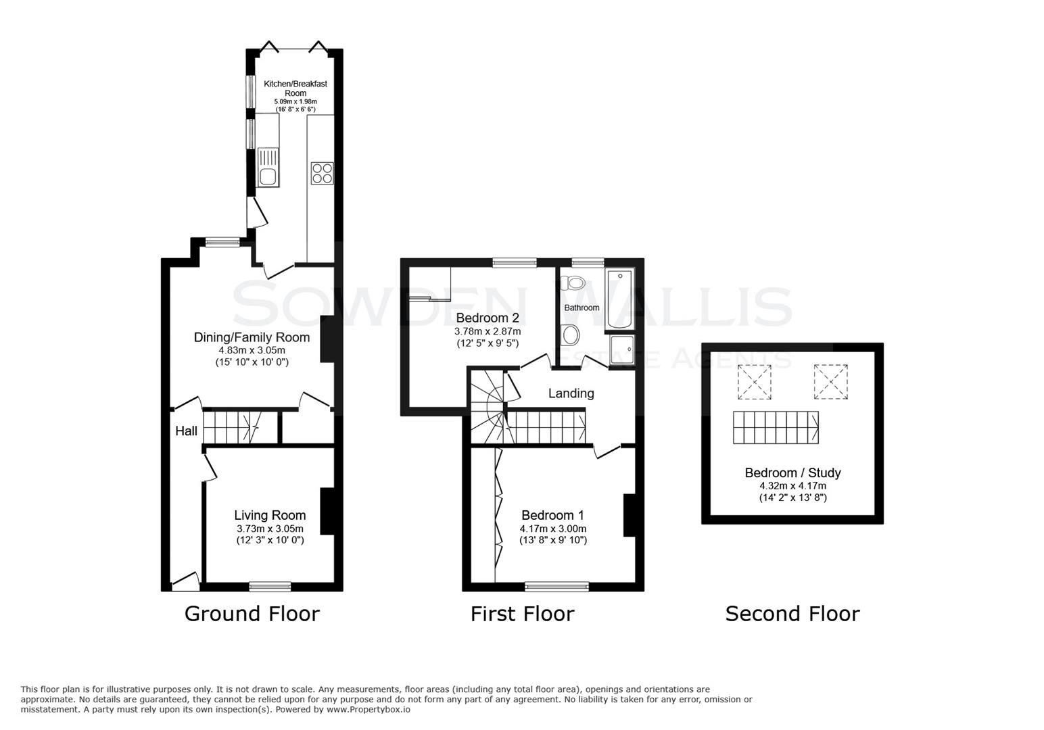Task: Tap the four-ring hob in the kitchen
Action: click(x=321, y=173)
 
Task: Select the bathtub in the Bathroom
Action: click(x=620, y=299)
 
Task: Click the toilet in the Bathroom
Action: click(x=575, y=283)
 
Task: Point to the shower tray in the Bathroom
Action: click(x=621, y=350)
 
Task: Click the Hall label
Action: click(x=187, y=431)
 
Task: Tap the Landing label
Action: click(x=571, y=393)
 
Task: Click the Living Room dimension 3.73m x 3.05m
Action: click(x=270, y=529)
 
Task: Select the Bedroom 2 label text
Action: click(x=487, y=318)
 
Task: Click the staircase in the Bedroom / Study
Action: click(x=776, y=427)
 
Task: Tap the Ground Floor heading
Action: click(x=252, y=614)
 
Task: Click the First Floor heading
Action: click(x=522, y=614)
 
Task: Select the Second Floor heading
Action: click(x=792, y=614)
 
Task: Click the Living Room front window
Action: click(x=270, y=586)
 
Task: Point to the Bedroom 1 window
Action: click(x=557, y=586)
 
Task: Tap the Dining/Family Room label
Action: click(x=252, y=337)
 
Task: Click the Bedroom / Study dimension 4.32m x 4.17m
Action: click(x=792, y=485)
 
